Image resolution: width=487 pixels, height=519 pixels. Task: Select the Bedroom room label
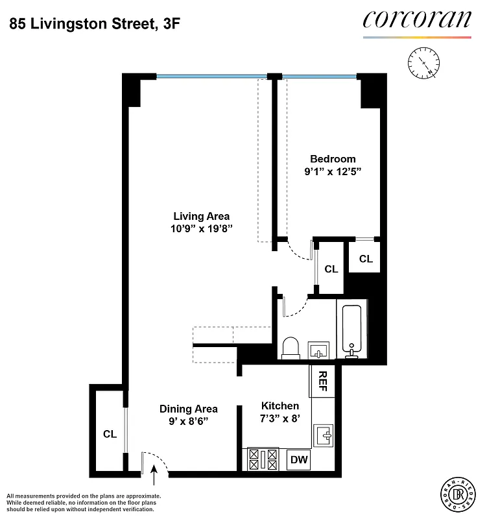333,159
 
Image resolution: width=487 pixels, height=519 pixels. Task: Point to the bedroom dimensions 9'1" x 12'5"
333,172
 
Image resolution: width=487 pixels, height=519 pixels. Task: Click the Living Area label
201,216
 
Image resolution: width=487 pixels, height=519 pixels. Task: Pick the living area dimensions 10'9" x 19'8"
201,228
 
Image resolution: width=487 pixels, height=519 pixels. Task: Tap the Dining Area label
189,409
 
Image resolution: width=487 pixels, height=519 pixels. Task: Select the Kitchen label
279,405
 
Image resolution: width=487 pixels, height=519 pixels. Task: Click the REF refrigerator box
322,381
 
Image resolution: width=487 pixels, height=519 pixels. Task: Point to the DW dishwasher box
299,460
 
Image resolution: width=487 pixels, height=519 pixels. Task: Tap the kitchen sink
322,433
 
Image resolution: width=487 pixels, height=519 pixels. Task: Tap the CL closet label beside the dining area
110,434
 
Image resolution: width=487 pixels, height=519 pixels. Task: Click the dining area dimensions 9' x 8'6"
189,421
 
